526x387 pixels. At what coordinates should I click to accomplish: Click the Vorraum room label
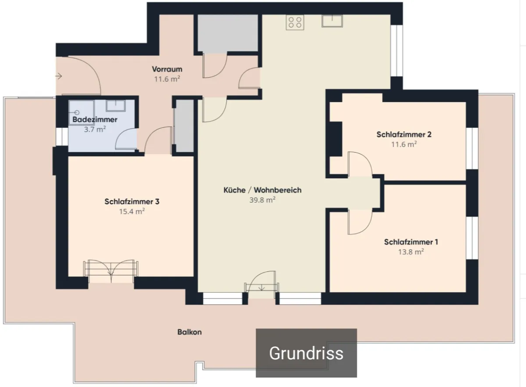point(167,69)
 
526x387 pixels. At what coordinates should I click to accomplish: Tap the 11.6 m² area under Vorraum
point(167,79)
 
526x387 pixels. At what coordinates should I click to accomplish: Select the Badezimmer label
point(95,119)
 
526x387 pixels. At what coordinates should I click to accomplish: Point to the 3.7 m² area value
point(95,129)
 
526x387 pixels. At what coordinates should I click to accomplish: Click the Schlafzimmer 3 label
point(132,201)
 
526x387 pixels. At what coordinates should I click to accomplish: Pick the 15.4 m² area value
point(132,211)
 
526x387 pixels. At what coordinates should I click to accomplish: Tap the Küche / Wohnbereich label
point(262,190)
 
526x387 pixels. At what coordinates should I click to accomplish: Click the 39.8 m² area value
point(262,200)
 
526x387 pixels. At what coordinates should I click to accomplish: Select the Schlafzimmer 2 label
point(404,135)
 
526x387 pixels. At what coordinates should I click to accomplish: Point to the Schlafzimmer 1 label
point(411,242)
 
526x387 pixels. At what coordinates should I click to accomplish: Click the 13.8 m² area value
point(411,252)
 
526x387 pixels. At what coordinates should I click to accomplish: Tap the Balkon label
point(189,332)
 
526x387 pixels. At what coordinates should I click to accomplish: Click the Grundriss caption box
point(306,353)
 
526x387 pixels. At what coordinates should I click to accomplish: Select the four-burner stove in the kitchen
point(295,22)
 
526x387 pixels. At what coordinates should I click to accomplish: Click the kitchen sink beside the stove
point(332,21)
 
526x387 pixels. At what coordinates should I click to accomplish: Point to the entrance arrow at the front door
point(58,76)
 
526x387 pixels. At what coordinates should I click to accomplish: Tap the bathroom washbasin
point(116,106)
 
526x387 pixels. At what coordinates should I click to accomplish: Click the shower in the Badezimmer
point(82,112)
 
